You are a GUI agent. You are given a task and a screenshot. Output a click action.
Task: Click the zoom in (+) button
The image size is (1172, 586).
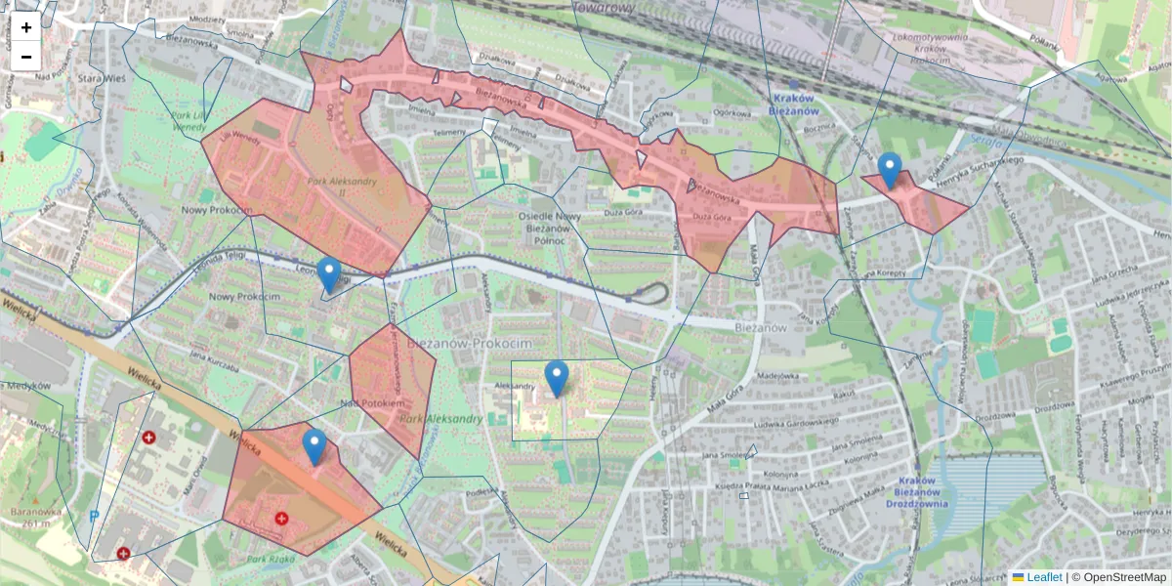coord(26,27)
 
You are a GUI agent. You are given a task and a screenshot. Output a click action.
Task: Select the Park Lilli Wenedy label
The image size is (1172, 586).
coord(188,121)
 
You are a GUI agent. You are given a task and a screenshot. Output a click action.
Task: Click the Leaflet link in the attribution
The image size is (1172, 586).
coord(1043,577)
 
